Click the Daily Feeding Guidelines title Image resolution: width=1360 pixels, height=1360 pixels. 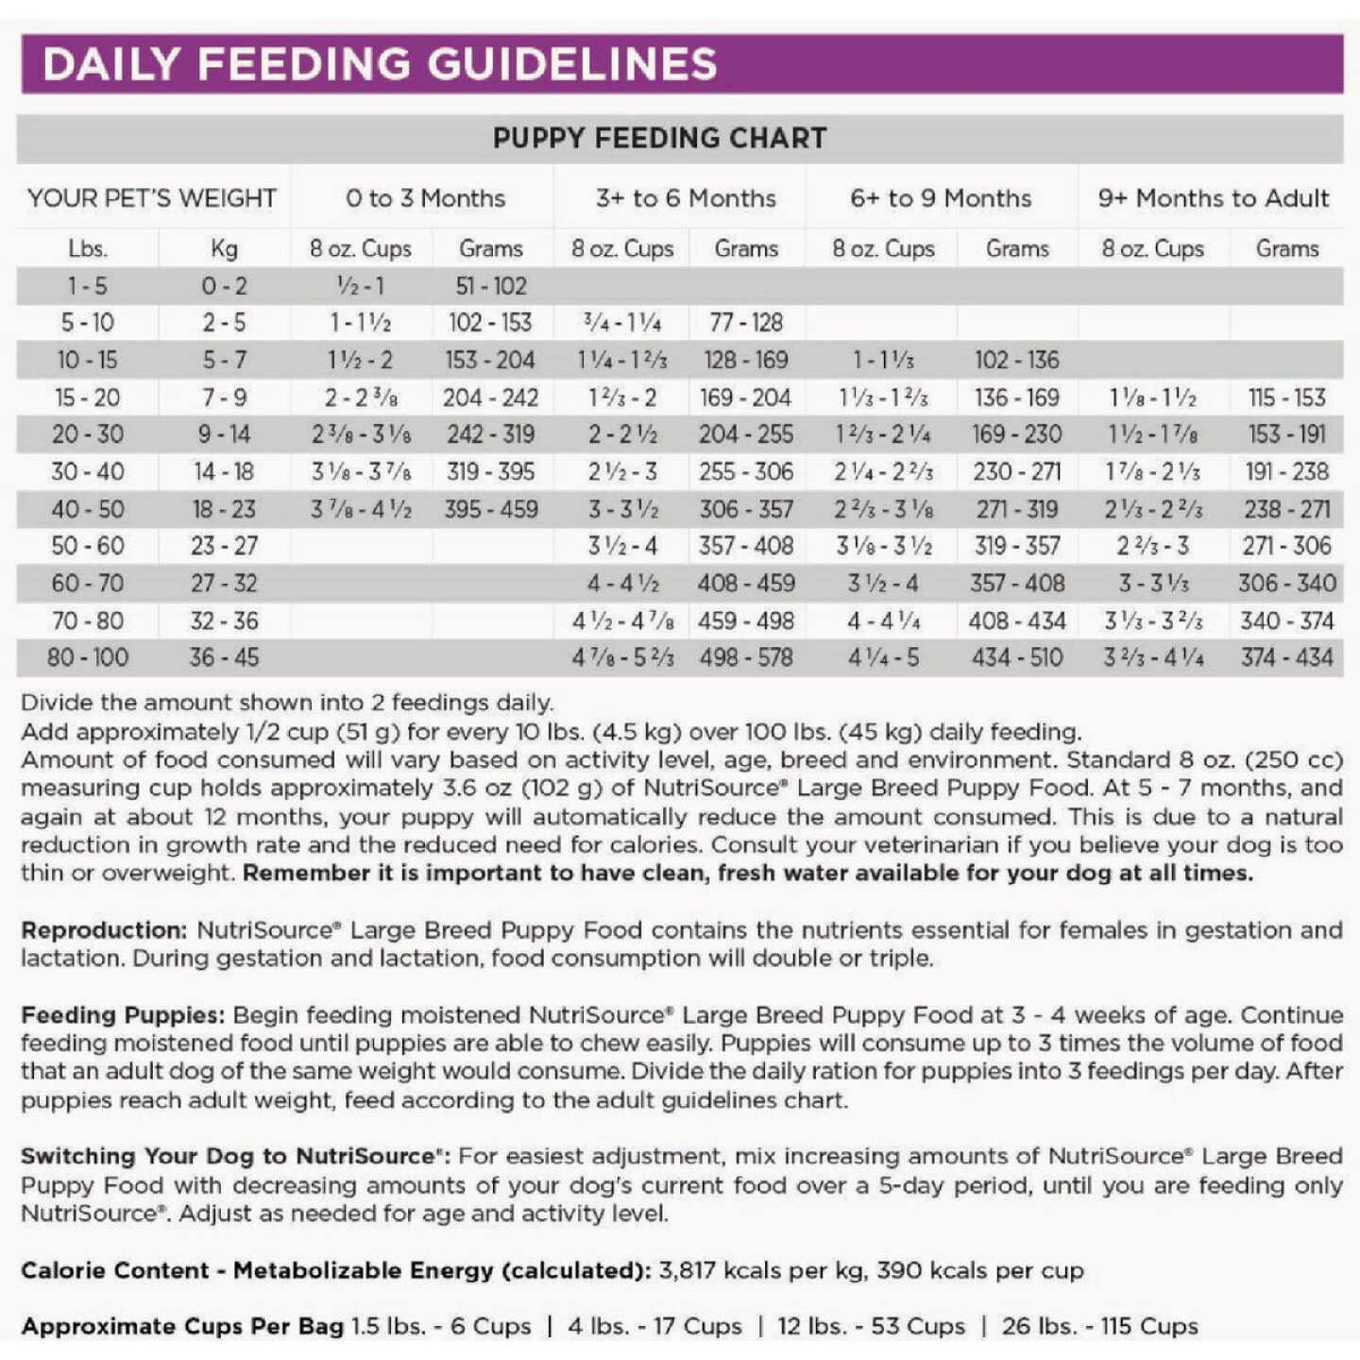tap(380, 64)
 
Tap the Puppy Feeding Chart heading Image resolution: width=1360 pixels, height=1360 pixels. tap(659, 139)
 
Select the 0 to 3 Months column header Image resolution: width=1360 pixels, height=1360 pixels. tap(425, 198)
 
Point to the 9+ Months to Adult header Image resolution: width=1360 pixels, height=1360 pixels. tap(1213, 198)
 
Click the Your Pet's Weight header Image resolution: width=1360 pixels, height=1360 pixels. tap(152, 198)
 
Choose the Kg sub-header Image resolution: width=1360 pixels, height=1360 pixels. tap(224, 248)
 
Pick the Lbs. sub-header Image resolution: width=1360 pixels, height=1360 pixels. tap(87, 248)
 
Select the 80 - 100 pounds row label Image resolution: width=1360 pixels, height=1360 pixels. tap(87, 657)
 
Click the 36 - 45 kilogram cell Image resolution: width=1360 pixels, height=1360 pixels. tap(224, 657)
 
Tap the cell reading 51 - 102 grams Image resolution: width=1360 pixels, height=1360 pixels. tap(491, 285)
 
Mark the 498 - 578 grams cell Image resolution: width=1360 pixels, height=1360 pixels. tap(746, 657)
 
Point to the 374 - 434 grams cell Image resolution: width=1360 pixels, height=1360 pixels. tap(1286, 657)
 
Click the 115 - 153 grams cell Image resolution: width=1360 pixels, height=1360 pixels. tap(1286, 398)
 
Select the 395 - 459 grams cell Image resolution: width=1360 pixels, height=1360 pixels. tap(491, 509)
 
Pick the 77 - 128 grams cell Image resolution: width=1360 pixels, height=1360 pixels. tap(746, 323)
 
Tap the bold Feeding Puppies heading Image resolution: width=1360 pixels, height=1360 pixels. tap(123, 1015)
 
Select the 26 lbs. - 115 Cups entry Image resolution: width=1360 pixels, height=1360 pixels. tap(1099, 1326)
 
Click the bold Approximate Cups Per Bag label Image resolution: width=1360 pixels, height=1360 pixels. tap(182, 1326)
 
